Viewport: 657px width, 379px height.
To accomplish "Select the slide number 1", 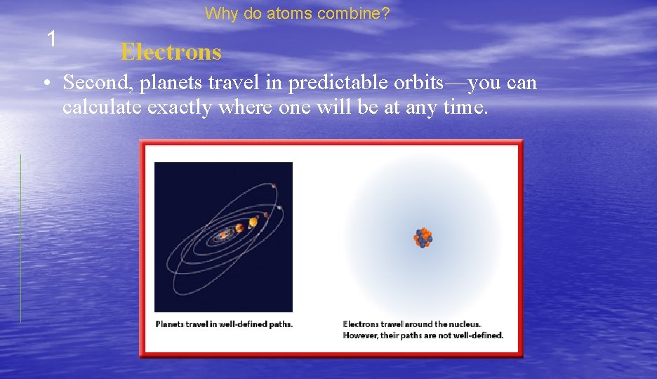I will coord(51,39).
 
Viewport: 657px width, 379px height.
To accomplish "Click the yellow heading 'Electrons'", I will coord(171,52).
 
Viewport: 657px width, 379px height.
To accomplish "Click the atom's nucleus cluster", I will coord(423,238).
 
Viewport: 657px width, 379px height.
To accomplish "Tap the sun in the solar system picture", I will coord(223,234).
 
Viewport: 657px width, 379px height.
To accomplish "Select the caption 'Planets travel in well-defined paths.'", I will coord(224,324).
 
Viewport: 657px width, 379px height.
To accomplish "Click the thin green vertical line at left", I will coord(21,239).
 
